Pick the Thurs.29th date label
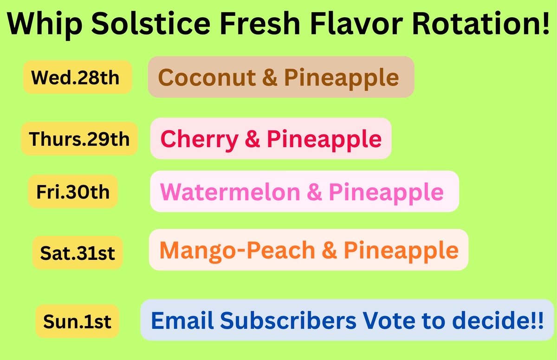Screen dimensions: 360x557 pos(79,139)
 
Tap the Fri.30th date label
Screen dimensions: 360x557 pos(73,191)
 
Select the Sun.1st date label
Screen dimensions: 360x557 pos(78,321)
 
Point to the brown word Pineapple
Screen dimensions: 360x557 pos(341,77)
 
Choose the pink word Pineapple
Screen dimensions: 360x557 pos(386,192)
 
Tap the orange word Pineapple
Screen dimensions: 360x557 pos(401,251)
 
